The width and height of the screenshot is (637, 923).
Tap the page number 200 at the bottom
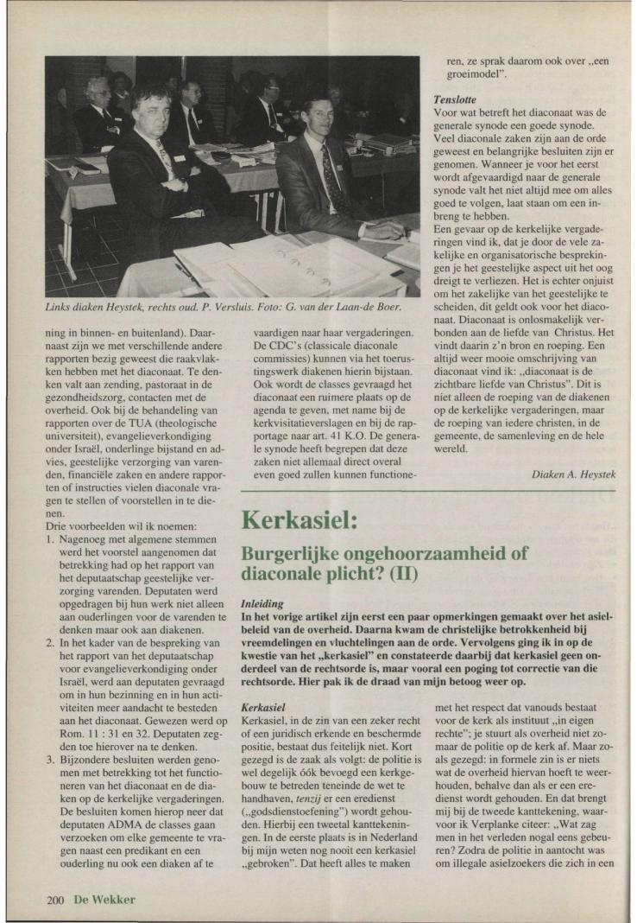(x=57, y=900)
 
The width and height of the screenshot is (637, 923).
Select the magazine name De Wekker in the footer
(x=104, y=900)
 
